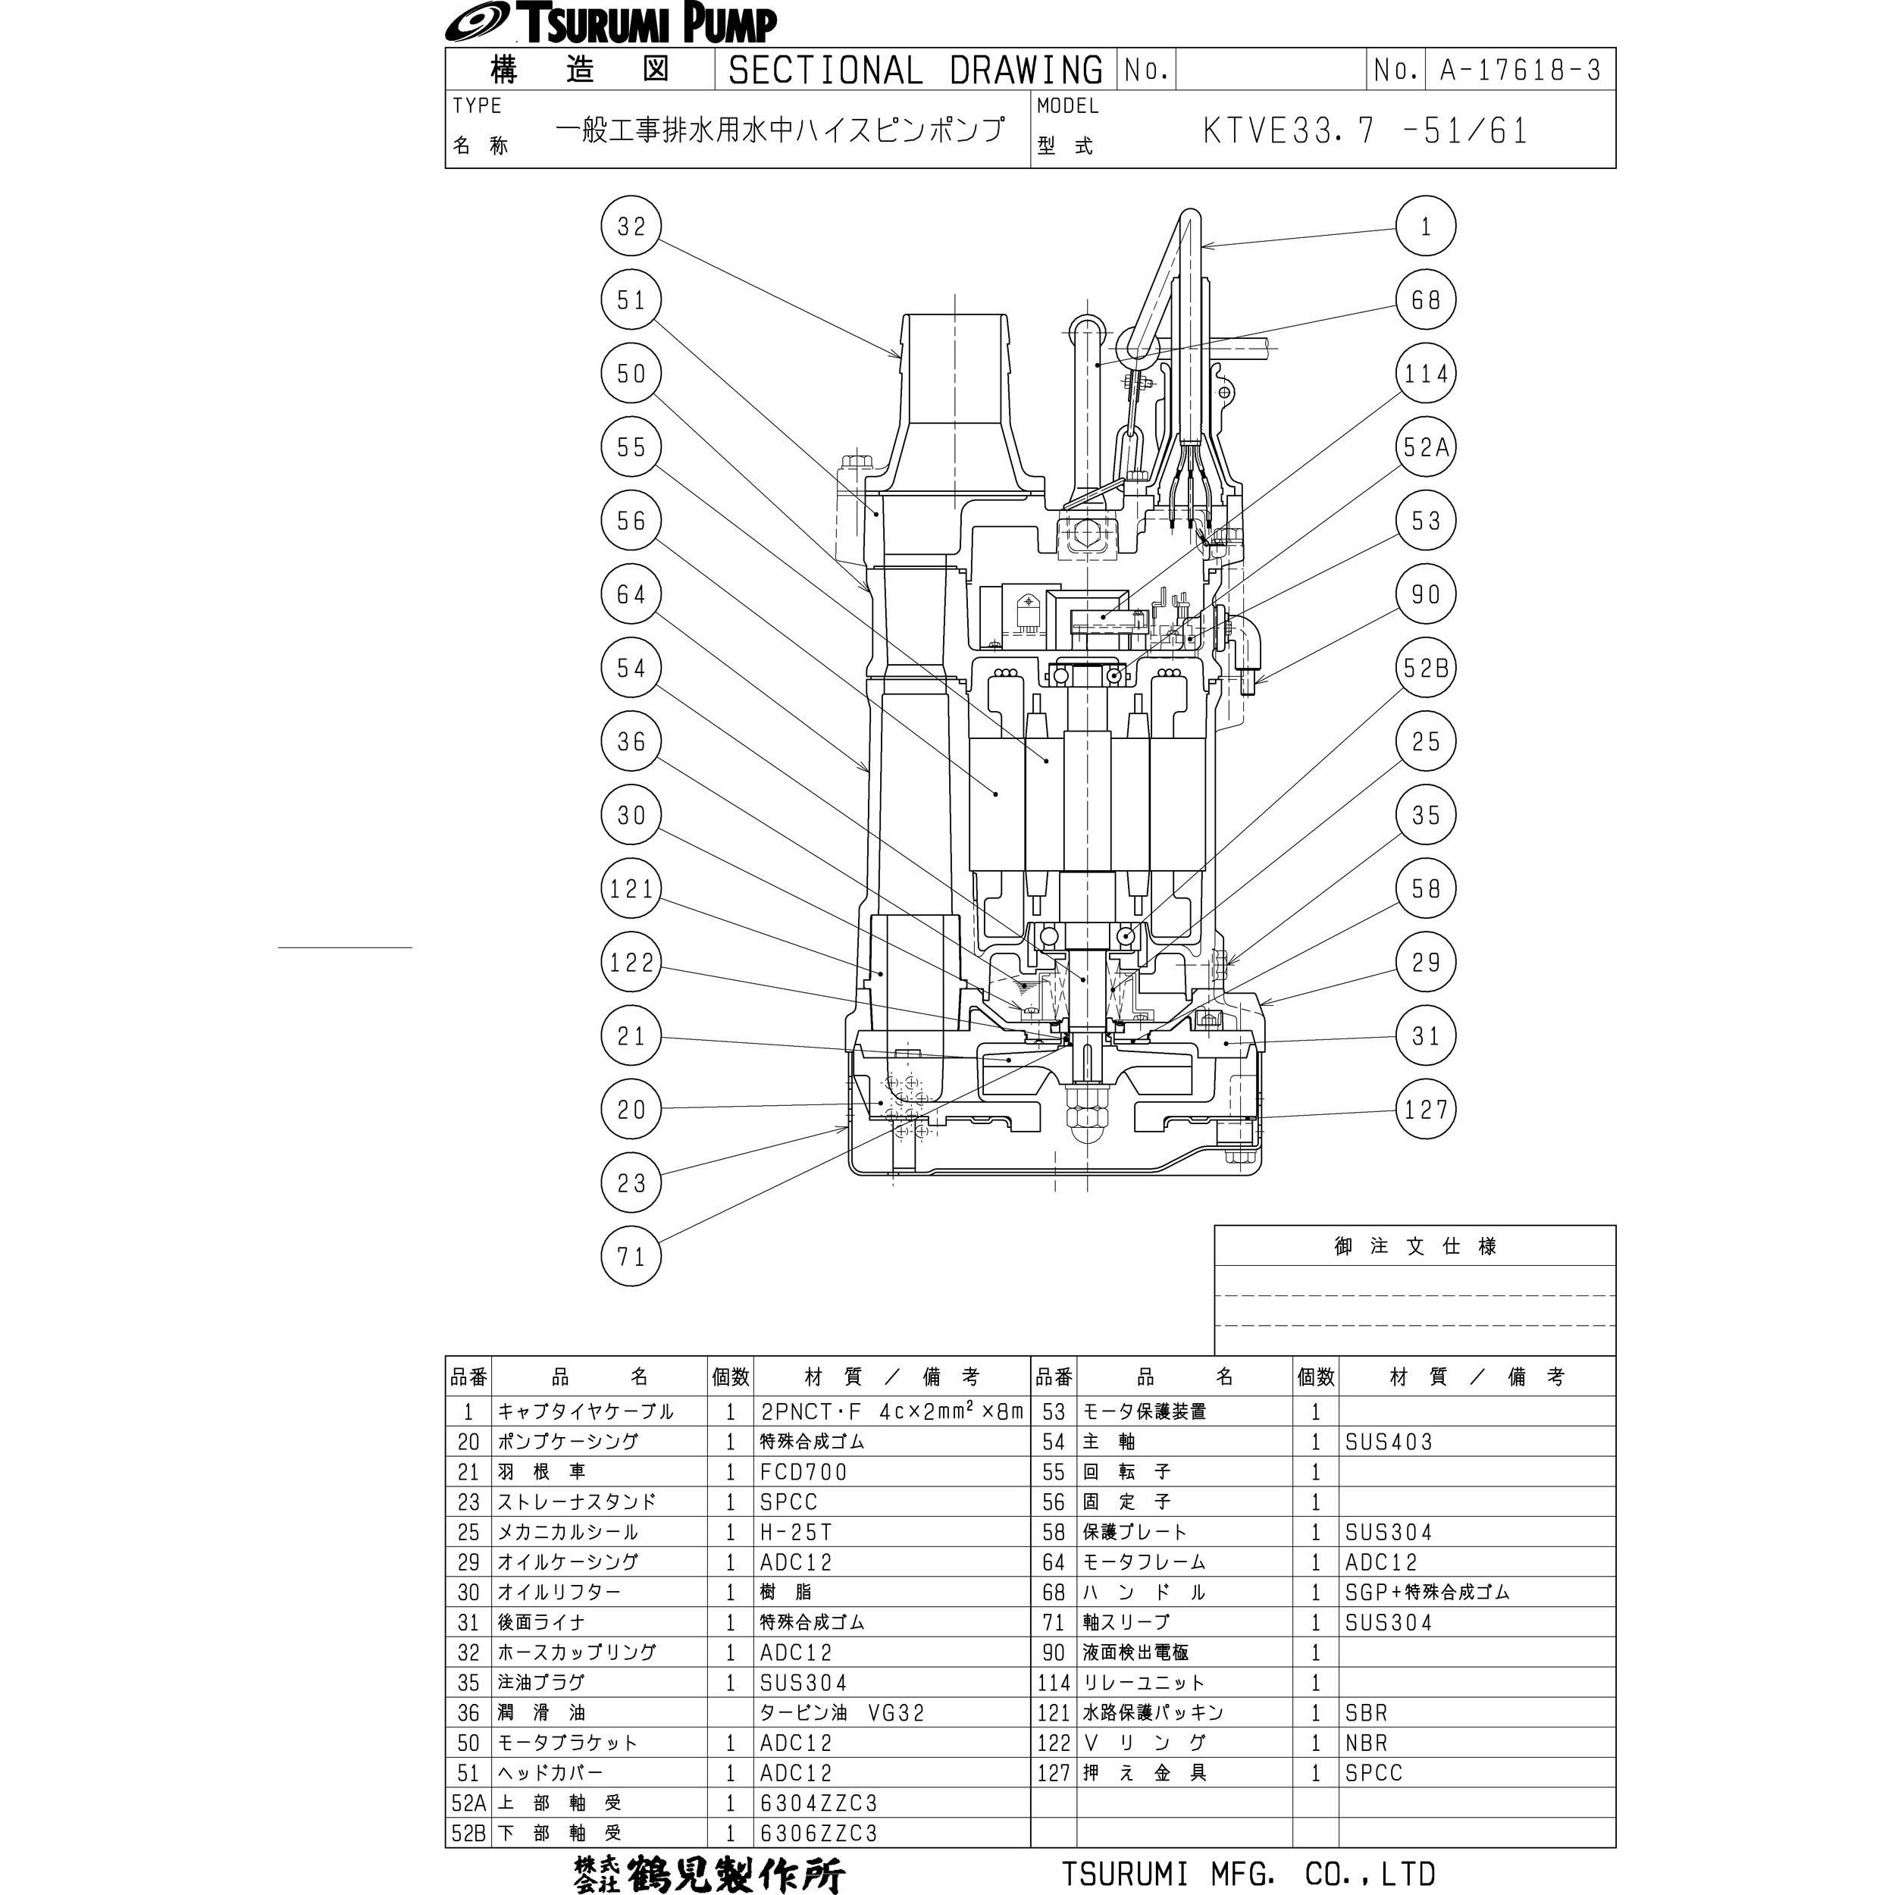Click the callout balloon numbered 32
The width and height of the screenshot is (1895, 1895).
coord(631,227)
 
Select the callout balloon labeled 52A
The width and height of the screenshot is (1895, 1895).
coord(1425,447)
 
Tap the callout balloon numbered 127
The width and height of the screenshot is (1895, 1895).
coord(1425,1110)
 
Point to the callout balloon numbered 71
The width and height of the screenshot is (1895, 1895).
coord(631,1257)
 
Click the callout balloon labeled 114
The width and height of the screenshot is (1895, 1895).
coord(1425,374)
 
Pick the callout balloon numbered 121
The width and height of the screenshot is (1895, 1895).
coord(631,888)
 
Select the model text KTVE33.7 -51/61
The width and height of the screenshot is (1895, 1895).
coord(1364,131)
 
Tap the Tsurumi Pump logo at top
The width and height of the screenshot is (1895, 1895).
coord(610,23)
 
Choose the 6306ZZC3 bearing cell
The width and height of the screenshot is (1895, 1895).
coord(818,1833)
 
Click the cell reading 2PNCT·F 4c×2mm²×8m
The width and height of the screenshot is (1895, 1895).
coord(891,1411)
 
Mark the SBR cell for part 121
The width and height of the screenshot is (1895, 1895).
coord(1367,1712)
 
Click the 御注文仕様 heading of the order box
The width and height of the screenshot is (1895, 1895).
coord(1414,1247)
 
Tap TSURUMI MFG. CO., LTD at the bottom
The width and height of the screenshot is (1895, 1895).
coord(1248,1874)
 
